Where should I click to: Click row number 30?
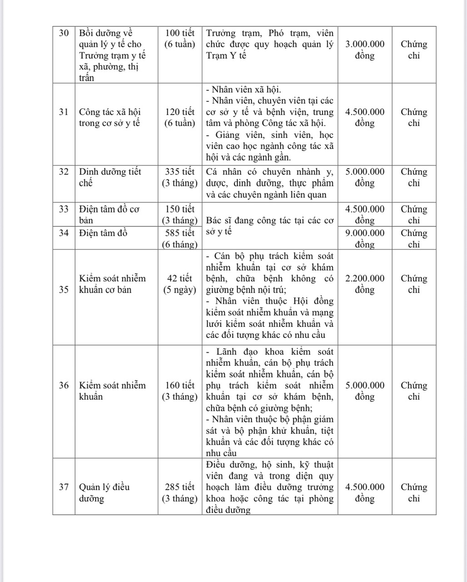point(64,33)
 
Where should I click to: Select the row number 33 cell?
point(64,209)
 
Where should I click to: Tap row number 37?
point(64,487)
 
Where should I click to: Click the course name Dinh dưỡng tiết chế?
point(110,177)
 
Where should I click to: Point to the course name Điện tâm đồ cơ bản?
point(109,215)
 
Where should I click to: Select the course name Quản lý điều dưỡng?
point(104,492)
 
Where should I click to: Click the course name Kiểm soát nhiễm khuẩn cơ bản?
point(112,284)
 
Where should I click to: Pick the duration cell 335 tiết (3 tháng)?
point(180,177)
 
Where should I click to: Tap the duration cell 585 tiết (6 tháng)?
point(180,238)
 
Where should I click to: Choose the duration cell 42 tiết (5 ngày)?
point(180,284)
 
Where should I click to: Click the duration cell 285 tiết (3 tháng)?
point(180,492)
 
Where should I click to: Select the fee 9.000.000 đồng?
point(365,238)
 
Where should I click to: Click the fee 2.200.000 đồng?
point(365,284)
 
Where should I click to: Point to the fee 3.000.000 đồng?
point(365,50)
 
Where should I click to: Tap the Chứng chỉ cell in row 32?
point(414,177)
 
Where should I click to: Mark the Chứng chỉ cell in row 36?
point(414,391)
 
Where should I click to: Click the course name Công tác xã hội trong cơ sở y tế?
point(110,117)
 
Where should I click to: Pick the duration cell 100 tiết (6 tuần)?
point(180,39)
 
